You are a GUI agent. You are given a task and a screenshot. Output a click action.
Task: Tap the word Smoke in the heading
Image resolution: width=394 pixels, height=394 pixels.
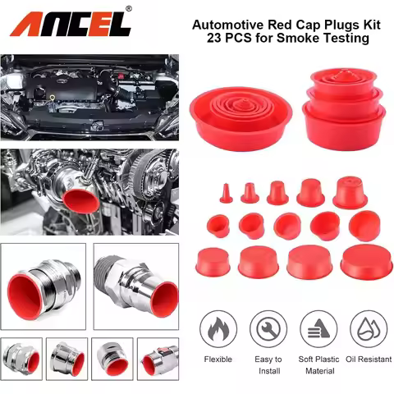306,39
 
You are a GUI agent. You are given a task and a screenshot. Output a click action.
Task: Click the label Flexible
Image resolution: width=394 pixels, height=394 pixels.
218,360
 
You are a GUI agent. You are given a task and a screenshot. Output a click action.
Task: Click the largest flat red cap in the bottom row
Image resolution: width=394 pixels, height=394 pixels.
366,261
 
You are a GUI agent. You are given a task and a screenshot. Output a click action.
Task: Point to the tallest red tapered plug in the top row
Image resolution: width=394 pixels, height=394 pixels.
350,193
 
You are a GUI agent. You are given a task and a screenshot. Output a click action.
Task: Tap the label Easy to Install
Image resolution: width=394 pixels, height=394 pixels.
267,364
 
